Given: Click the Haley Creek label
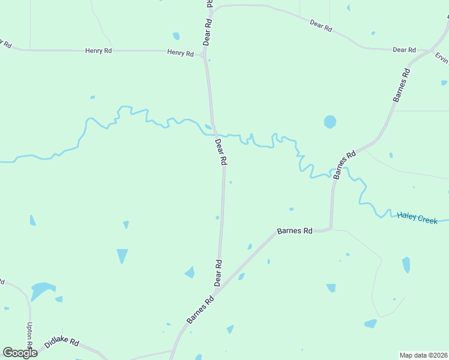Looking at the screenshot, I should click(417, 218).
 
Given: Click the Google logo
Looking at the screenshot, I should click(20, 353).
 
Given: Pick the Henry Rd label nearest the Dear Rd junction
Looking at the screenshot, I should click(180, 53).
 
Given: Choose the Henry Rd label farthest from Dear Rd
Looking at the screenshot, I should click(99, 51).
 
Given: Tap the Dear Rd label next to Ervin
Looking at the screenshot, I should click(404, 50).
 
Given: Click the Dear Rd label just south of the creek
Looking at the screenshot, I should click(221, 152).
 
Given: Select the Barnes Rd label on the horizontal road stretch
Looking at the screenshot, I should click(295, 230).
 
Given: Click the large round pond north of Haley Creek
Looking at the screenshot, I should click(330, 122).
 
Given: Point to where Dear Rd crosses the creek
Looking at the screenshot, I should click(214, 133).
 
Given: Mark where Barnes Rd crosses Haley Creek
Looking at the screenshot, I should click(333, 176).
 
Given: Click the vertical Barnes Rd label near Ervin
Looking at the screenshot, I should click(401, 85).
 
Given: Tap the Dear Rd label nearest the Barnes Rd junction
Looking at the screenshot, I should click(218, 272).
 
